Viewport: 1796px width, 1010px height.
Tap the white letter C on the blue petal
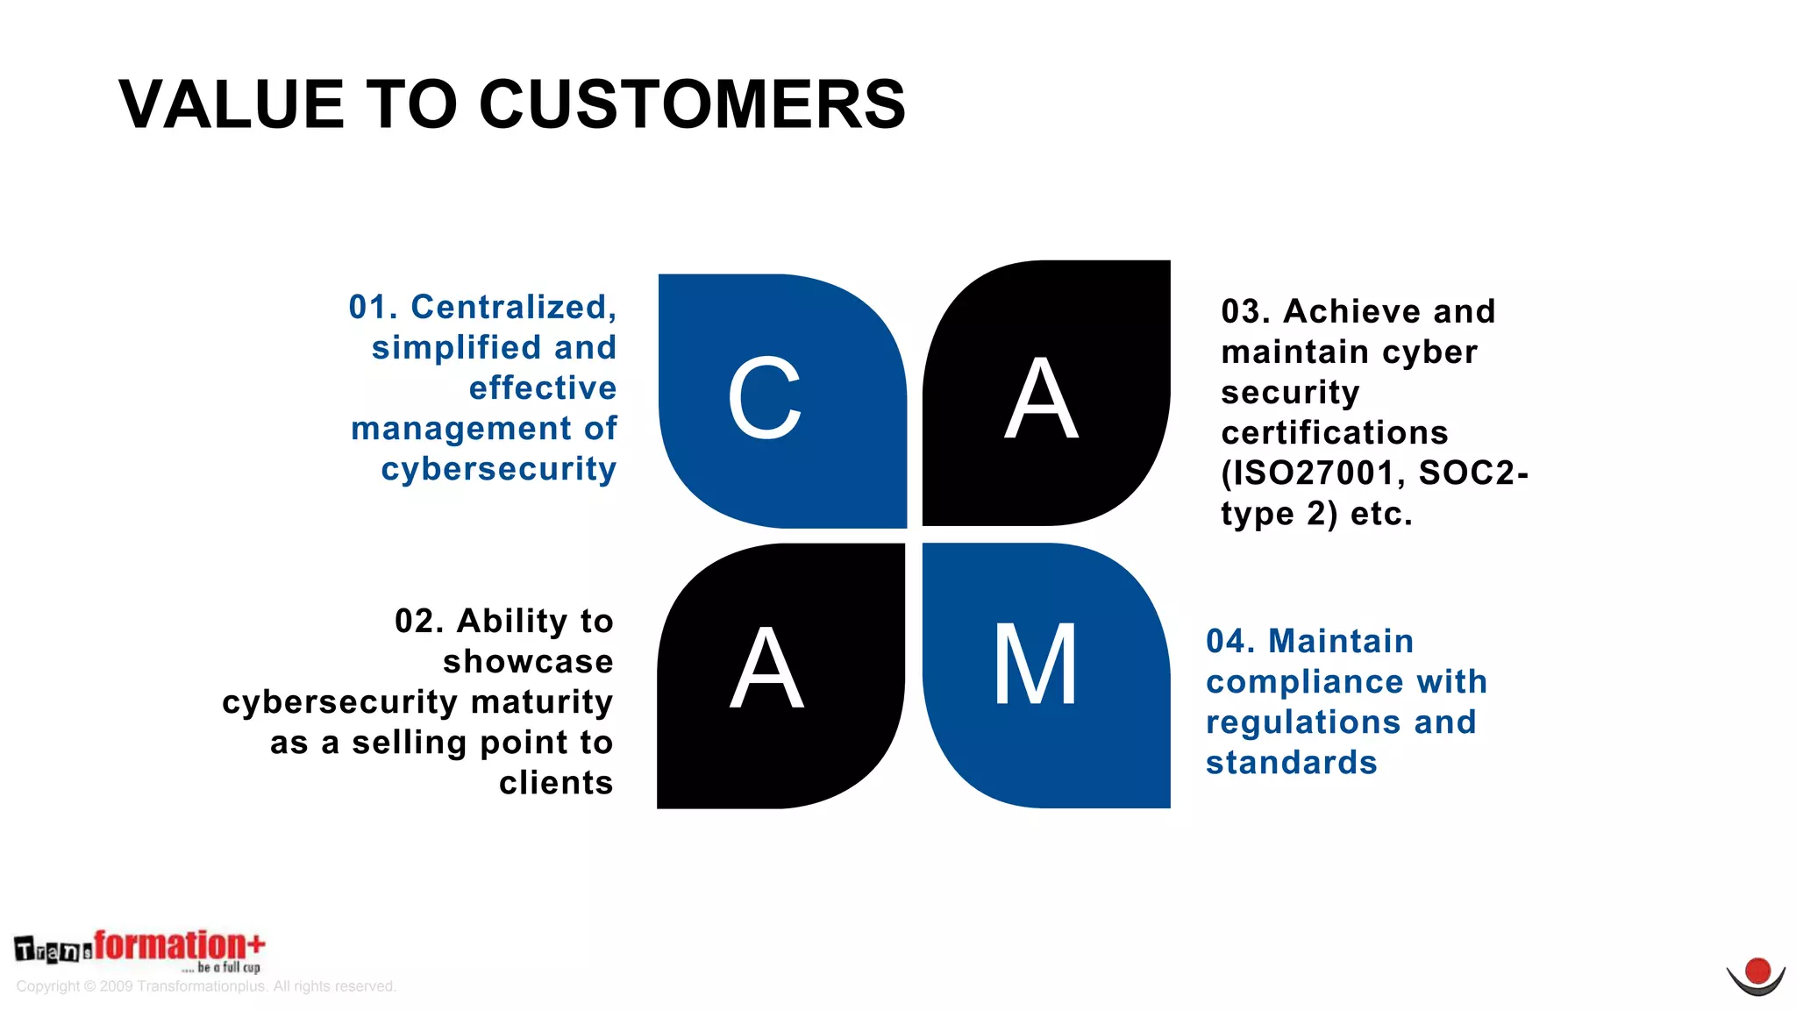(765, 399)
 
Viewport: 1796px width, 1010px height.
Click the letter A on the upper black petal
(1041, 399)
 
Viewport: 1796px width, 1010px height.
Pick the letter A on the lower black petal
(766, 668)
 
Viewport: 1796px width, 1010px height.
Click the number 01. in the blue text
(373, 307)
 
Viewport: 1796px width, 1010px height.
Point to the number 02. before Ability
(419, 621)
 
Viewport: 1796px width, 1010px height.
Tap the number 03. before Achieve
(1245, 311)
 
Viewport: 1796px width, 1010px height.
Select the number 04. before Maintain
(1230, 641)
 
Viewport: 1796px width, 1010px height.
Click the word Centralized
(514, 308)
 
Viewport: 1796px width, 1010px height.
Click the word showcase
(528, 661)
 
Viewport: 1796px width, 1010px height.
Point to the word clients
(556, 782)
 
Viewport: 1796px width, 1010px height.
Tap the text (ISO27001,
(1313, 473)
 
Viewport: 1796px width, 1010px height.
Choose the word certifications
(1334, 433)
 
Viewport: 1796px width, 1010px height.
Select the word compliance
(1304, 682)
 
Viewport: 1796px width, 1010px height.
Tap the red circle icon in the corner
(1757, 971)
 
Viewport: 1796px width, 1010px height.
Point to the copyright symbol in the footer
(90, 986)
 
